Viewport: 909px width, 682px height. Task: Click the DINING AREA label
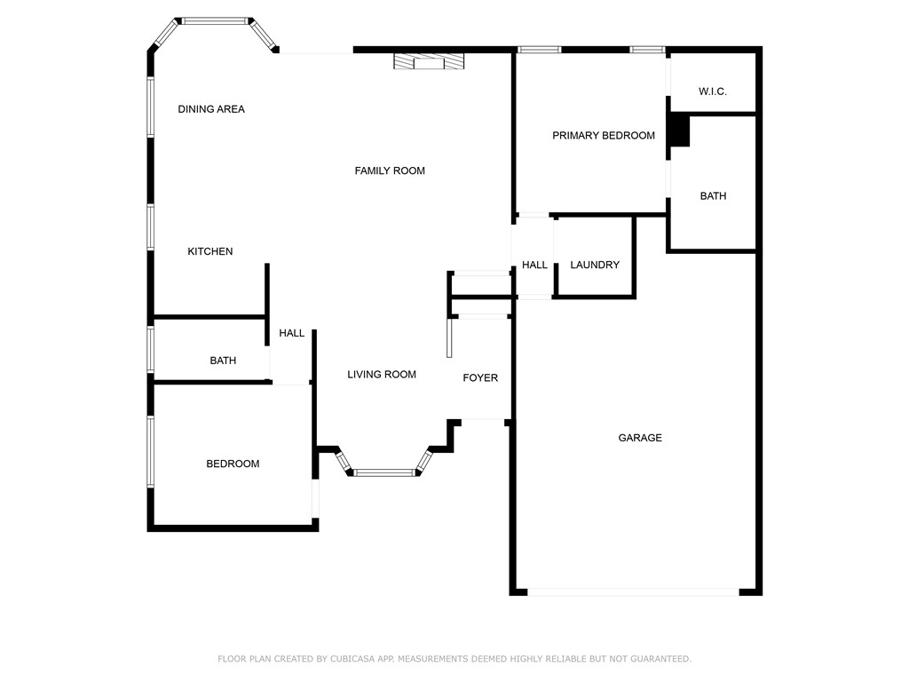click(211, 109)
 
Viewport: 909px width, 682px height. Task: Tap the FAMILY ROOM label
click(390, 170)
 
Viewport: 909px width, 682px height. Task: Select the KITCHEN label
click(210, 251)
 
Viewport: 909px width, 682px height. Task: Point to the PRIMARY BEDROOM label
click(604, 136)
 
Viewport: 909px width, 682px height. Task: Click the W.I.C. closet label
click(713, 91)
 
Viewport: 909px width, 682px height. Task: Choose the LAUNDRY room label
click(595, 265)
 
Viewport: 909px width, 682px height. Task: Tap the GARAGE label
click(640, 438)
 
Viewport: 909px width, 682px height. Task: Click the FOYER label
click(480, 378)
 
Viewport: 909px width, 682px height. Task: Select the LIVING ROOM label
click(382, 375)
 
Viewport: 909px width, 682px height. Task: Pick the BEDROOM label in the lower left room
click(233, 464)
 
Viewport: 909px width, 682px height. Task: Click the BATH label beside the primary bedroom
click(713, 196)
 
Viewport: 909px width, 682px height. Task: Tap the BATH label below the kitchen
click(223, 361)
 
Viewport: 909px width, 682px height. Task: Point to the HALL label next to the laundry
click(534, 265)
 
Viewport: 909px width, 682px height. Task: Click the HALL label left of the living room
click(292, 333)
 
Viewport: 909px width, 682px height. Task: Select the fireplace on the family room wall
click(430, 61)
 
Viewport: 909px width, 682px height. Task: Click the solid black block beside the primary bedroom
click(679, 131)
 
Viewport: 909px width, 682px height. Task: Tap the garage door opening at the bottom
click(634, 591)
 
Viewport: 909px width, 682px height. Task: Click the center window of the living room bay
click(385, 472)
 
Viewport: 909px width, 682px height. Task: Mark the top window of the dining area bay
click(217, 20)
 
